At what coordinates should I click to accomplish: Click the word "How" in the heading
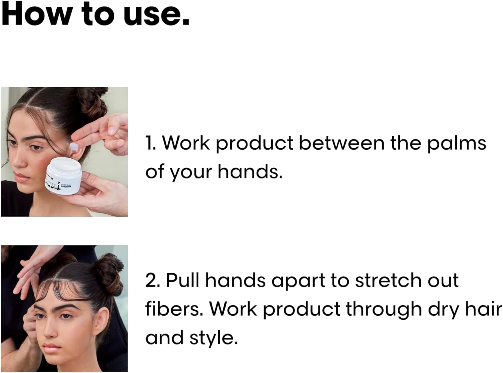pyautogui.click(x=36, y=14)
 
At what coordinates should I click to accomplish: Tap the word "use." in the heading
pyautogui.click(x=157, y=16)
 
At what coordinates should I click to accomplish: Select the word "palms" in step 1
pyautogui.click(x=457, y=144)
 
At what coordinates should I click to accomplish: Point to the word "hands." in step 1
pyautogui.click(x=250, y=171)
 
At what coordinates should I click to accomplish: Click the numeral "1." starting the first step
pyautogui.click(x=151, y=143)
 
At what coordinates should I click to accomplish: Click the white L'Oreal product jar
pyautogui.click(x=64, y=176)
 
